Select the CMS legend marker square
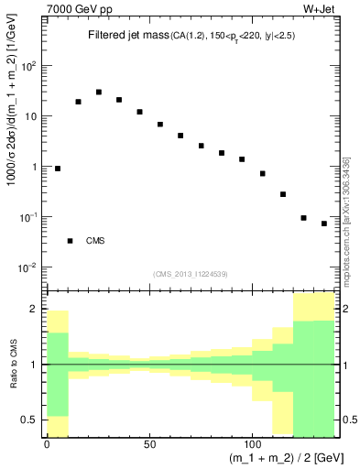[71, 241]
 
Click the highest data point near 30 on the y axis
[99, 93]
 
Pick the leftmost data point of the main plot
[58, 169]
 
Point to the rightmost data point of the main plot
[324, 224]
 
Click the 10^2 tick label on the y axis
[27, 66]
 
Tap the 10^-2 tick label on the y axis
[27, 267]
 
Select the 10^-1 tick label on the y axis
[27, 217]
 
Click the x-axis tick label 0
[47, 443]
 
